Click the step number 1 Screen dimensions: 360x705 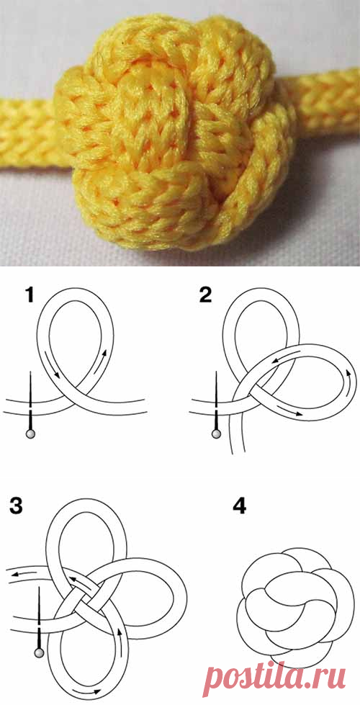(30, 296)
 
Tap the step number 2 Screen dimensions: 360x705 (204, 296)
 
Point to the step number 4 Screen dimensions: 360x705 (239, 506)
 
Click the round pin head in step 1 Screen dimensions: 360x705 (30, 434)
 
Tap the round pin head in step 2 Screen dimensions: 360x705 (217, 434)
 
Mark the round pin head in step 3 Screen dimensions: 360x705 (40, 652)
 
